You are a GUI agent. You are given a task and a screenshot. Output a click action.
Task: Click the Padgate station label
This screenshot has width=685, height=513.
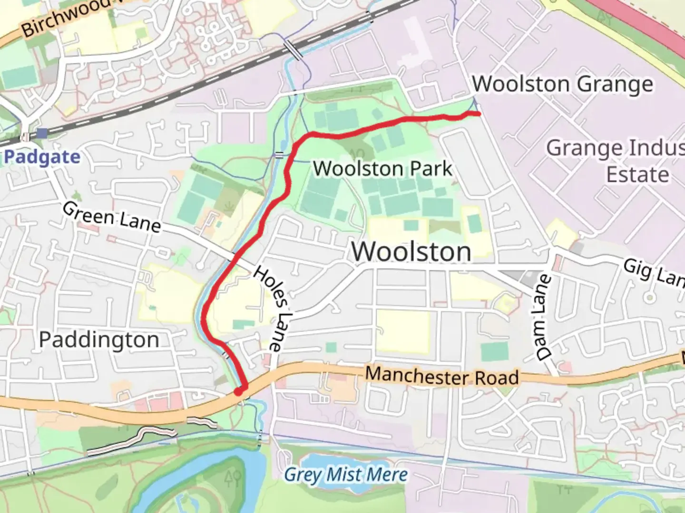(x=42, y=157)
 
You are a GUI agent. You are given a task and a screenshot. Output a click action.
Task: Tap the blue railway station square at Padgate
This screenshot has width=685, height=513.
(x=43, y=133)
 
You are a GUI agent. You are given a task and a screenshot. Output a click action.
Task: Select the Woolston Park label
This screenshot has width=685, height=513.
(x=382, y=169)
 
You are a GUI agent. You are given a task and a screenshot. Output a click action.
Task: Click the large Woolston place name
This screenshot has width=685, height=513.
(x=411, y=252)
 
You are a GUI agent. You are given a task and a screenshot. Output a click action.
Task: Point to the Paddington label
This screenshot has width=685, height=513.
(x=99, y=340)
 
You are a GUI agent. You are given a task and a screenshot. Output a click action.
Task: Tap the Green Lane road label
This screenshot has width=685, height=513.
(x=111, y=218)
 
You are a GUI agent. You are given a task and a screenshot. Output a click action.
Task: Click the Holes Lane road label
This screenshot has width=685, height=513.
(x=274, y=308)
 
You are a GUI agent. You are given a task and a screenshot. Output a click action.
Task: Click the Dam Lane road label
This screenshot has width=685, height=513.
(x=544, y=317)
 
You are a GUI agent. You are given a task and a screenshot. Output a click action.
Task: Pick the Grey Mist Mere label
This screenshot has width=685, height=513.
(x=346, y=475)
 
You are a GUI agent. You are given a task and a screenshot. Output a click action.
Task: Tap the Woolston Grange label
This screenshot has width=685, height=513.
(x=563, y=85)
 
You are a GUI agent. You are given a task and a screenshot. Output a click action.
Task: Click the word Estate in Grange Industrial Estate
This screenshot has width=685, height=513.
(x=637, y=174)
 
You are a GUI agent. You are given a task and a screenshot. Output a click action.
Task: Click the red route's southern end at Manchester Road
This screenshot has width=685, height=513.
(x=239, y=391)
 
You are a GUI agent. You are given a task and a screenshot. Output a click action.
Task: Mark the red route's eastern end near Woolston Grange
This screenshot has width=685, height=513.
(x=478, y=114)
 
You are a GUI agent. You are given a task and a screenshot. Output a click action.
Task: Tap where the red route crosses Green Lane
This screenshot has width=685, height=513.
(x=234, y=260)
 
